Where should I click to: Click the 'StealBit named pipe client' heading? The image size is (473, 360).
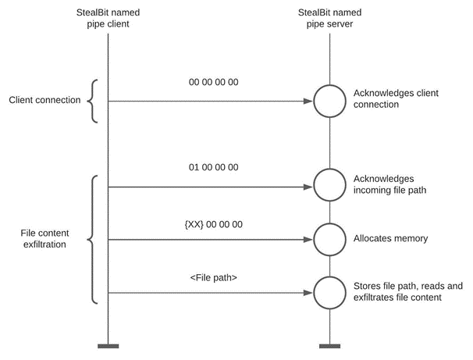coord(108,18)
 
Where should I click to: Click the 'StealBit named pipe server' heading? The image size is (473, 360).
coord(329,18)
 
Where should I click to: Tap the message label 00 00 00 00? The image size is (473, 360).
coord(213,82)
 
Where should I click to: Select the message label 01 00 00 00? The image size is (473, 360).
coord(213,166)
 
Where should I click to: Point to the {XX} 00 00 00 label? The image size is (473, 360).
coord(213,224)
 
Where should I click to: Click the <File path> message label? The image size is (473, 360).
coord(213,277)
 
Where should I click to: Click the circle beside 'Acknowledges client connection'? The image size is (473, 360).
coord(329,102)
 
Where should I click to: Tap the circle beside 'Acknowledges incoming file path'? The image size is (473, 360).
coord(329,187)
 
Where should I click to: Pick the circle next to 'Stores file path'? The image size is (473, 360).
coord(329,293)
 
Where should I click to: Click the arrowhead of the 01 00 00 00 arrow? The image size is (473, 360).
coord(308,187)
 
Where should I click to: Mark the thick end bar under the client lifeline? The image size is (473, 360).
coord(108,345)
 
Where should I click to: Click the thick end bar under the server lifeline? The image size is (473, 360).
coord(329,345)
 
